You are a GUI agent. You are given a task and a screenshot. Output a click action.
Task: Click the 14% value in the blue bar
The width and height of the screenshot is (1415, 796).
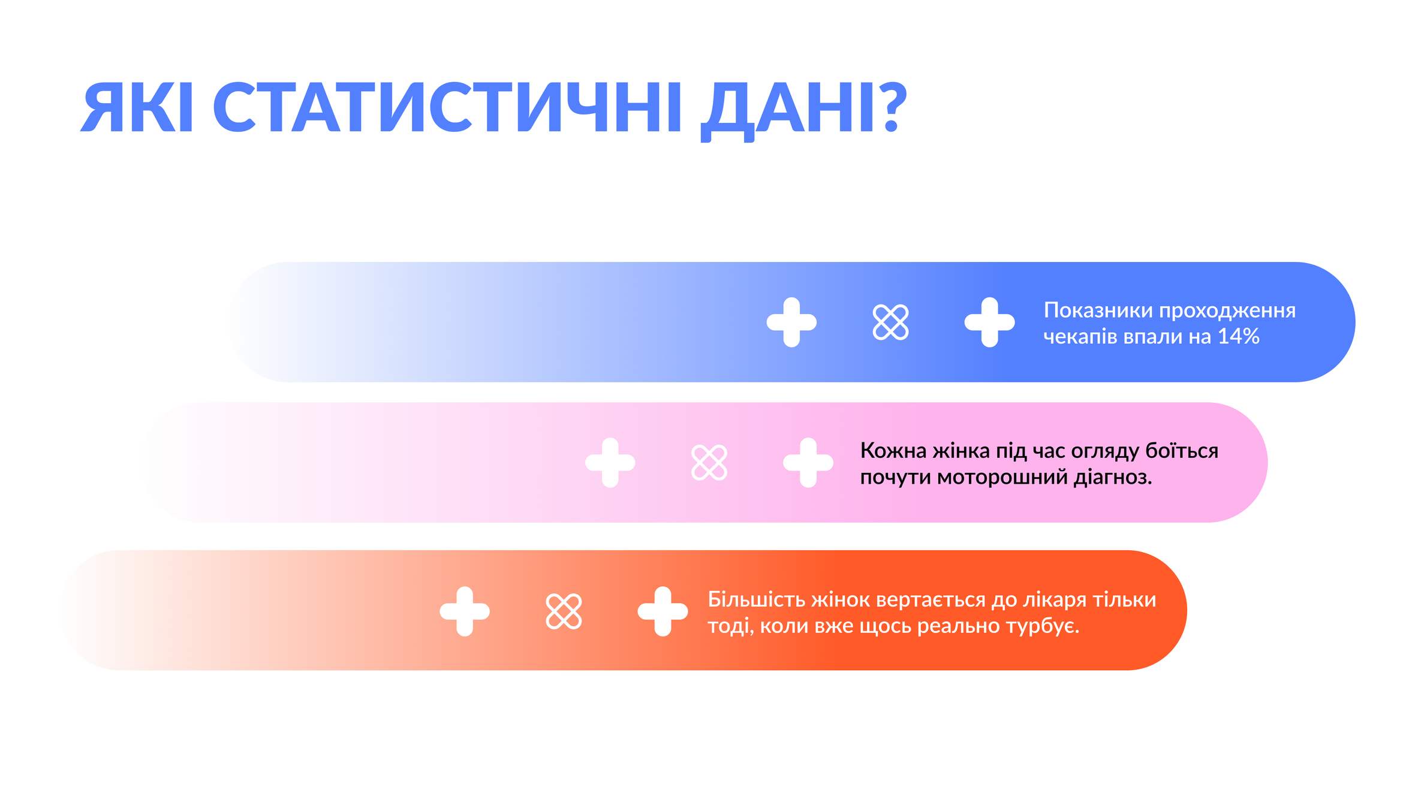click(x=1238, y=336)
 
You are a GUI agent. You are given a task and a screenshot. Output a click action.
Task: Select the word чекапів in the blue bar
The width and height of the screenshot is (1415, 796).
click(x=1080, y=337)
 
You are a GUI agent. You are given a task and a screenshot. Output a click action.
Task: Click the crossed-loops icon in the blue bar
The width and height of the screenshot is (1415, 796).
click(x=890, y=322)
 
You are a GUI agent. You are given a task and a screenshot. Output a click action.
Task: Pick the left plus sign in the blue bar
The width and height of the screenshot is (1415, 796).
click(x=791, y=322)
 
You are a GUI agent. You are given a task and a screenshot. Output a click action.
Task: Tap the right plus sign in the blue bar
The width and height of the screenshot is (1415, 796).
click(x=989, y=322)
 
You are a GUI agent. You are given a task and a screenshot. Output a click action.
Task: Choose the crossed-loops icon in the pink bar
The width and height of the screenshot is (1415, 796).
click(x=709, y=462)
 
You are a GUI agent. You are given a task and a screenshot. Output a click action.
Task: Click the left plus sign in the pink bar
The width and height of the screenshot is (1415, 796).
click(x=610, y=462)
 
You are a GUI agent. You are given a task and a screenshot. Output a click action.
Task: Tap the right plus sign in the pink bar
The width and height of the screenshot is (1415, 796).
click(x=808, y=462)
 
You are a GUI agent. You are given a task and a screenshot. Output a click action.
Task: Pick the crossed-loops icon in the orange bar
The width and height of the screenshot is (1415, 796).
click(x=564, y=611)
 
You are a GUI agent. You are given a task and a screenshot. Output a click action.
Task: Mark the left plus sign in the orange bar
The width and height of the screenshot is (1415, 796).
click(x=465, y=611)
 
